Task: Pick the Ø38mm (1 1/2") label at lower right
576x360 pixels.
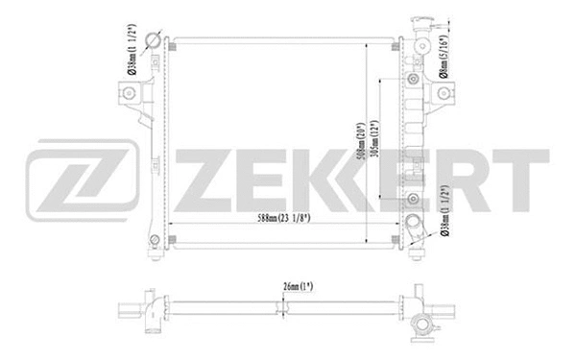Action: tap(444, 210)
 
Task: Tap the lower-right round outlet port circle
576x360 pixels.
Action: tap(415, 229)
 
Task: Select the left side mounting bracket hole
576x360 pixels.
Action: tap(124, 91)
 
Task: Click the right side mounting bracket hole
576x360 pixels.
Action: tap(445, 92)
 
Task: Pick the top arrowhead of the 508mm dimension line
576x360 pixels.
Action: tap(368, 46)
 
